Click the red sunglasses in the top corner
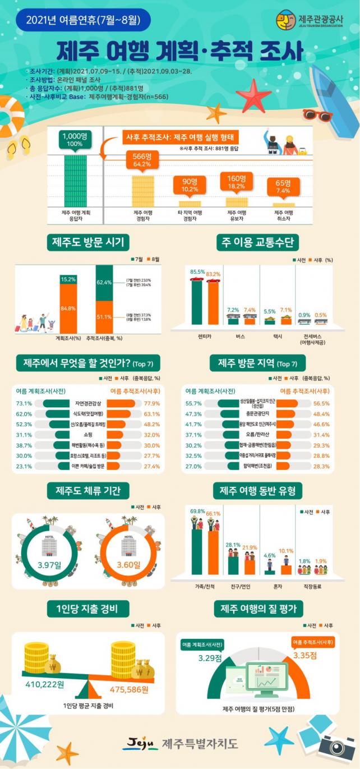tap(318, 116)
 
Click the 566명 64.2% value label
tap(143, 160)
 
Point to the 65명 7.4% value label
tap(283, 187)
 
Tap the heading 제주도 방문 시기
tap(90, 242)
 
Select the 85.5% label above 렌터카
tap(197, 272)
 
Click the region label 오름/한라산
tap(258, 434)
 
